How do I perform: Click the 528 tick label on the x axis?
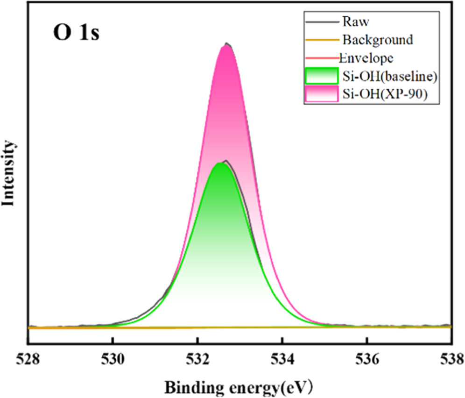(29, 359)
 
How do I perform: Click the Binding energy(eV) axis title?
(238, 386)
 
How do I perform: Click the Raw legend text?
(353, 21)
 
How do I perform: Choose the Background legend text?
(377, 39)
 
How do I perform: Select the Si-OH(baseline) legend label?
(385, 75)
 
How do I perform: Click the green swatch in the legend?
(320, 75)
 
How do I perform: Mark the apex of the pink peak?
(227, 45)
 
